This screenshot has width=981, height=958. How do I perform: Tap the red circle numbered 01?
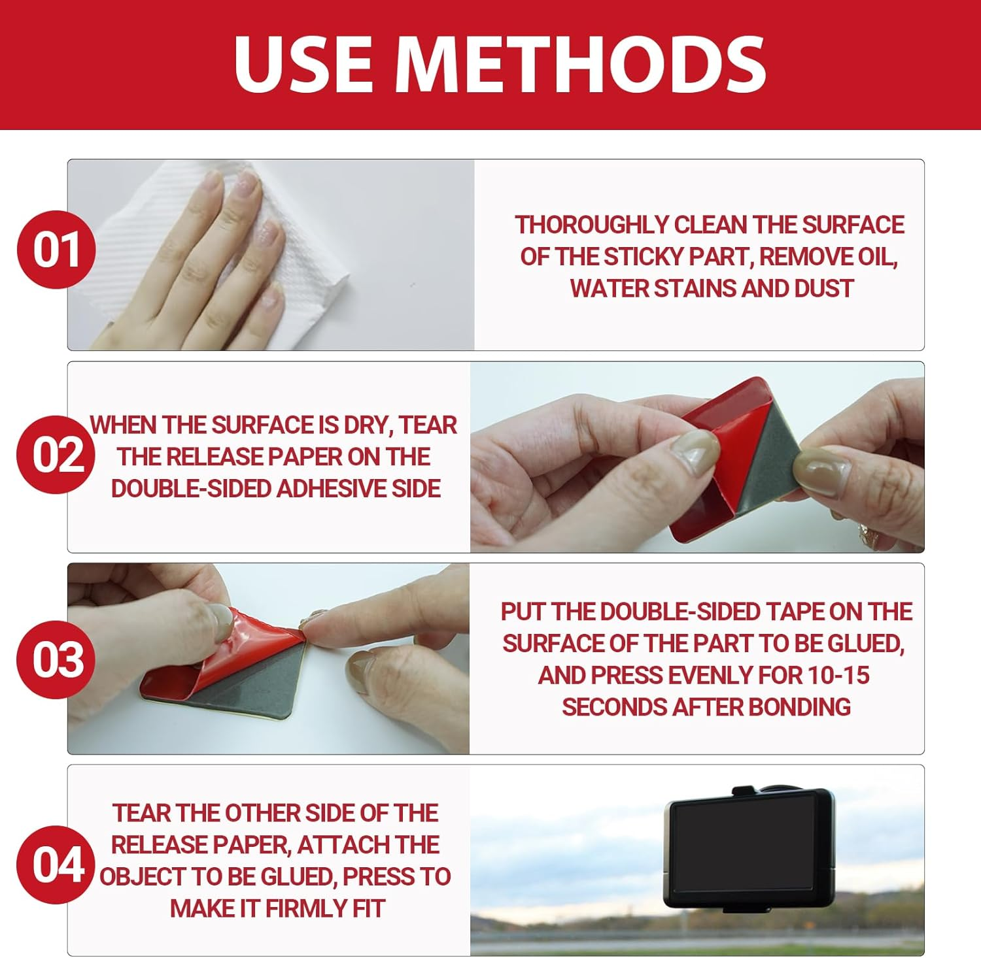pyautogui.click(x=56, y=250)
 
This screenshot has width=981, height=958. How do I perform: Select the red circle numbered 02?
pyautogui.click(x=56, y=455)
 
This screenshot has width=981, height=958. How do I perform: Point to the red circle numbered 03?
pyautogui.click(x=56, y=659)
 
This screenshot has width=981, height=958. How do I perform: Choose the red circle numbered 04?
pyautogui.click(x=56, y=864)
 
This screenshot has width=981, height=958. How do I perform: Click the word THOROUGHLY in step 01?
pyautogui.click(x=593, y=225)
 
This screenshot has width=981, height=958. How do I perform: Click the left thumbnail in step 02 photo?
pyautogui.click(x=695, y=451)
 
